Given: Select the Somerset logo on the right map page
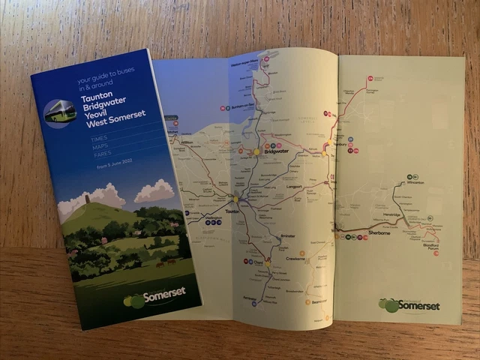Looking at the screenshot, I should point(409,304).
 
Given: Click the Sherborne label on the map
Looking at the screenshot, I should point(379,235).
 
